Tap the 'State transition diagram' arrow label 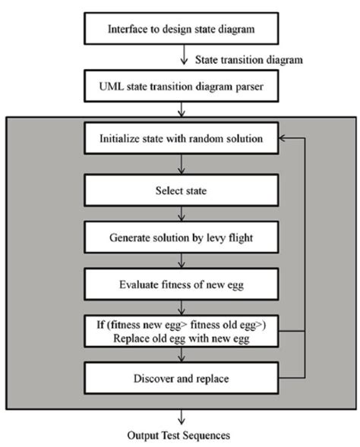pyautogui.click(x=238, y=58)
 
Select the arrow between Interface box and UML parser pyautogui.click(x=180, y=57)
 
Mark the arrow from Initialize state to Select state pyautogui.click(x=180, y=164)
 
